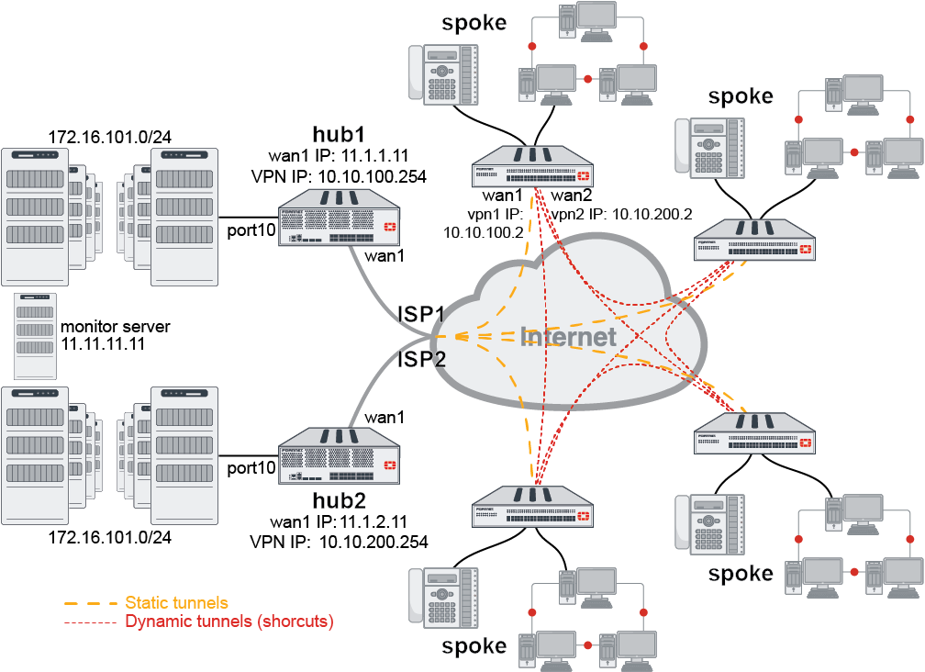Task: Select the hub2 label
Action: tap(339, 500)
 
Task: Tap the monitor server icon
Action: tap(35, 336)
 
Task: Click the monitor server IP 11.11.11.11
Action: tap(102, 342)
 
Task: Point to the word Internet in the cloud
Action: tap(568, 337)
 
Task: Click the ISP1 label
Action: tap(421, 314)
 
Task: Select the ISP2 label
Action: tap(421, 359)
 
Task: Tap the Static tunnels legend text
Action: tap(176, 603)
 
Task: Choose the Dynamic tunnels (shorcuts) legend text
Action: tap(228, 622)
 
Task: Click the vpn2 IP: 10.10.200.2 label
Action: tap(621, 213)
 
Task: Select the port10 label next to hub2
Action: tap(251, 468)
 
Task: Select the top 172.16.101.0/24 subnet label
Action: tap(110, 138)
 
